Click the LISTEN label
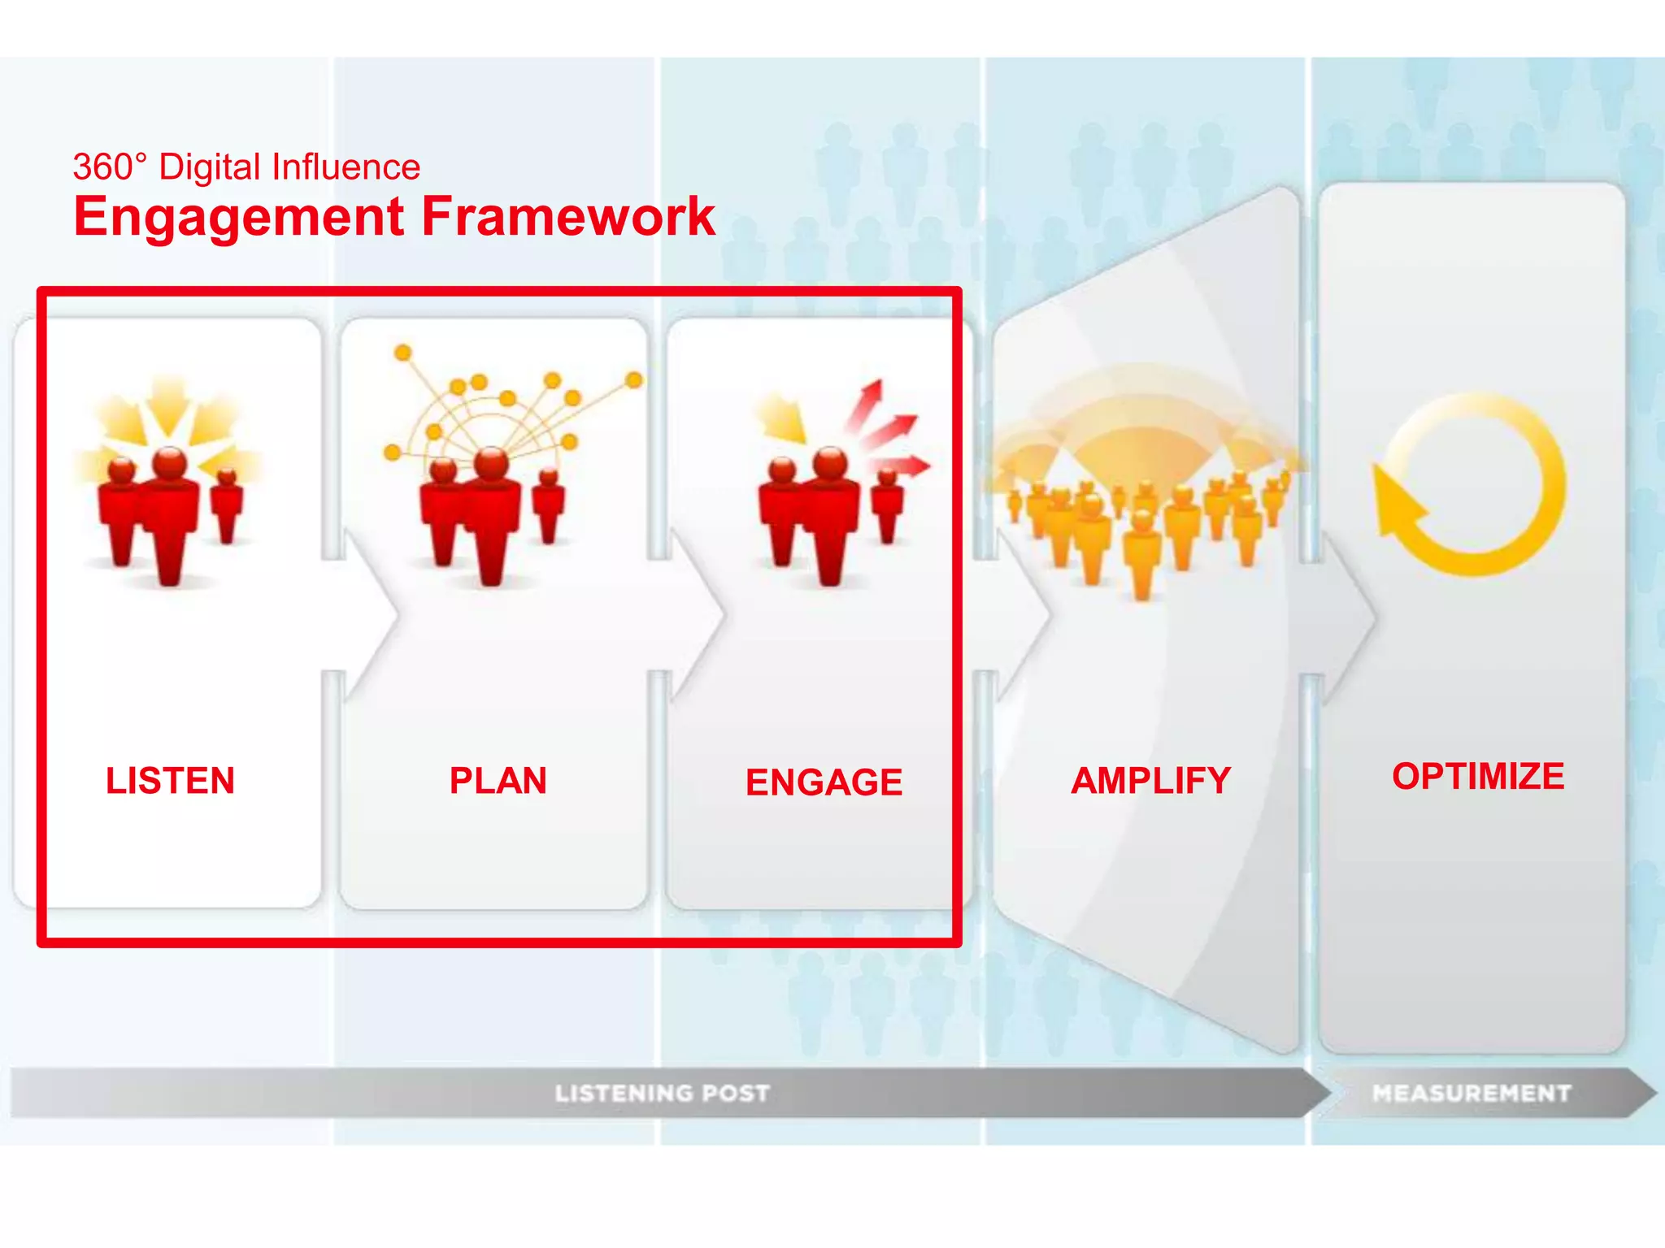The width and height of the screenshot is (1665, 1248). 170,781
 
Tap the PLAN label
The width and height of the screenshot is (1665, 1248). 498,781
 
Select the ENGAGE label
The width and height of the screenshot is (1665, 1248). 824,782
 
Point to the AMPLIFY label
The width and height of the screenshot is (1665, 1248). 1150,781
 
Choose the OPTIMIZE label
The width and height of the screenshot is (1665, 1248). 1478,776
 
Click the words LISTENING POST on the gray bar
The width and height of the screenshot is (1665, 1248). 662,1093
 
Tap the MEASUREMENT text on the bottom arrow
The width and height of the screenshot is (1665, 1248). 1472,1093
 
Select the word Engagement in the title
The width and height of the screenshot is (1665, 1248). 239,217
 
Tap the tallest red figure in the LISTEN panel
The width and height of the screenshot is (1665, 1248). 169,516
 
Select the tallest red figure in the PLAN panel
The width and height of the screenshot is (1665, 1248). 491,516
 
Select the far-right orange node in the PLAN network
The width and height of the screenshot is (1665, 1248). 634,380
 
